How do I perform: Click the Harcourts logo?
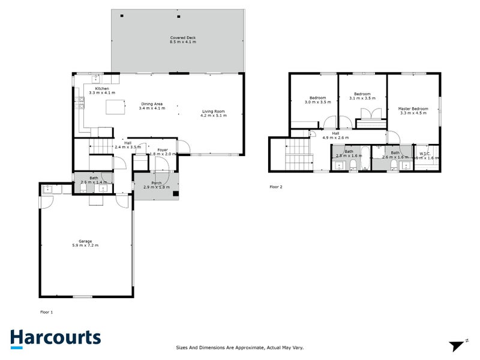(55, 338)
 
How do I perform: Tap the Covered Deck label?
(183, 40)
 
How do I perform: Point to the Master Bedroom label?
(413, 110)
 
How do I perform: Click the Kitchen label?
(101, 91)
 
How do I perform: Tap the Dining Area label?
(151, 106)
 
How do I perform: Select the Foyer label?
(162, 151)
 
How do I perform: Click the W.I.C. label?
(425, 155)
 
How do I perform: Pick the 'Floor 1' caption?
(46, 312)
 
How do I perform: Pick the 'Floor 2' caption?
(275, 187)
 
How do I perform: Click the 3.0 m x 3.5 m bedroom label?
(317, 100)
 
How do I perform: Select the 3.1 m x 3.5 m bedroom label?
(362, 96)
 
